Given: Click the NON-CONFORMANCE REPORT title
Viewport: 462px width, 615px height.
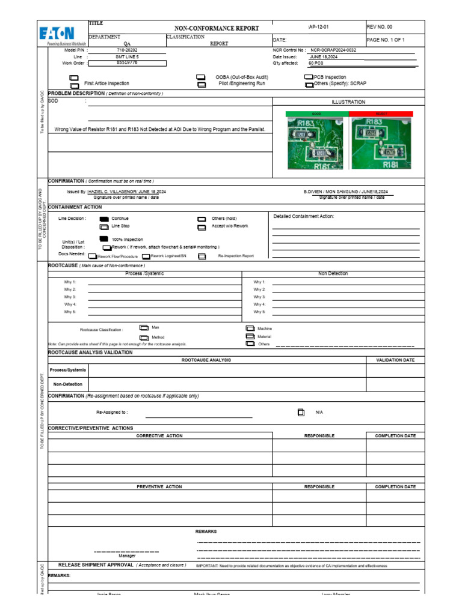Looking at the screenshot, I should pyautogui.click(x=217, y=28).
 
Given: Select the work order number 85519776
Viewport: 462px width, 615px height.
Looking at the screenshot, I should pyautogui.click(x=126, y=62).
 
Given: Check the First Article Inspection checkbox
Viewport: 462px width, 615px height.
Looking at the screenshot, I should pyautogui.click(x=74, y=78).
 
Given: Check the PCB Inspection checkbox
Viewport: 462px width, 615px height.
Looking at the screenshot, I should pyautogui.click(x=309, y=77).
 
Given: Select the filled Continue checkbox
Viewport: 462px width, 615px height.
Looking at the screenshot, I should pyautogui.click(x=104, y=219).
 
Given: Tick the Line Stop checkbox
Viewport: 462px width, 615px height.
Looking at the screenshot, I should pyautogui.click(x=104, y=226).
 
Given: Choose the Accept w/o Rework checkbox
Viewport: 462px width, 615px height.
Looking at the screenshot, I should pyautogui.click(x=202, y=227).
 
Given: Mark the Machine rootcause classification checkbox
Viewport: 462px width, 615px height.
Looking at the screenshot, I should pyautogui.click(x=250, y=329).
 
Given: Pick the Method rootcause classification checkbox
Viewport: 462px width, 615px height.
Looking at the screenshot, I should pyautogui.click(x=144, y=338).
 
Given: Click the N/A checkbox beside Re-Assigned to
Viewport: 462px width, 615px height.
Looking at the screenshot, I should pyautogui.click(x=301, y=413).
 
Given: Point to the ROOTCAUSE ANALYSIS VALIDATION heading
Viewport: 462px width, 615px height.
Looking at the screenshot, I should pyautogui.click(x=90, y=353).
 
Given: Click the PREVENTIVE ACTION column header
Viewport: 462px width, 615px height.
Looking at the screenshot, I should pyautogui.click(x=159, y=486).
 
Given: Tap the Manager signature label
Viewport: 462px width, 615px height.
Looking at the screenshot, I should pyautogui.click(x=126, y=556).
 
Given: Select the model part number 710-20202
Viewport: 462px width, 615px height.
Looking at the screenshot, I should pyautogui.click(x=124, y=50).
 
